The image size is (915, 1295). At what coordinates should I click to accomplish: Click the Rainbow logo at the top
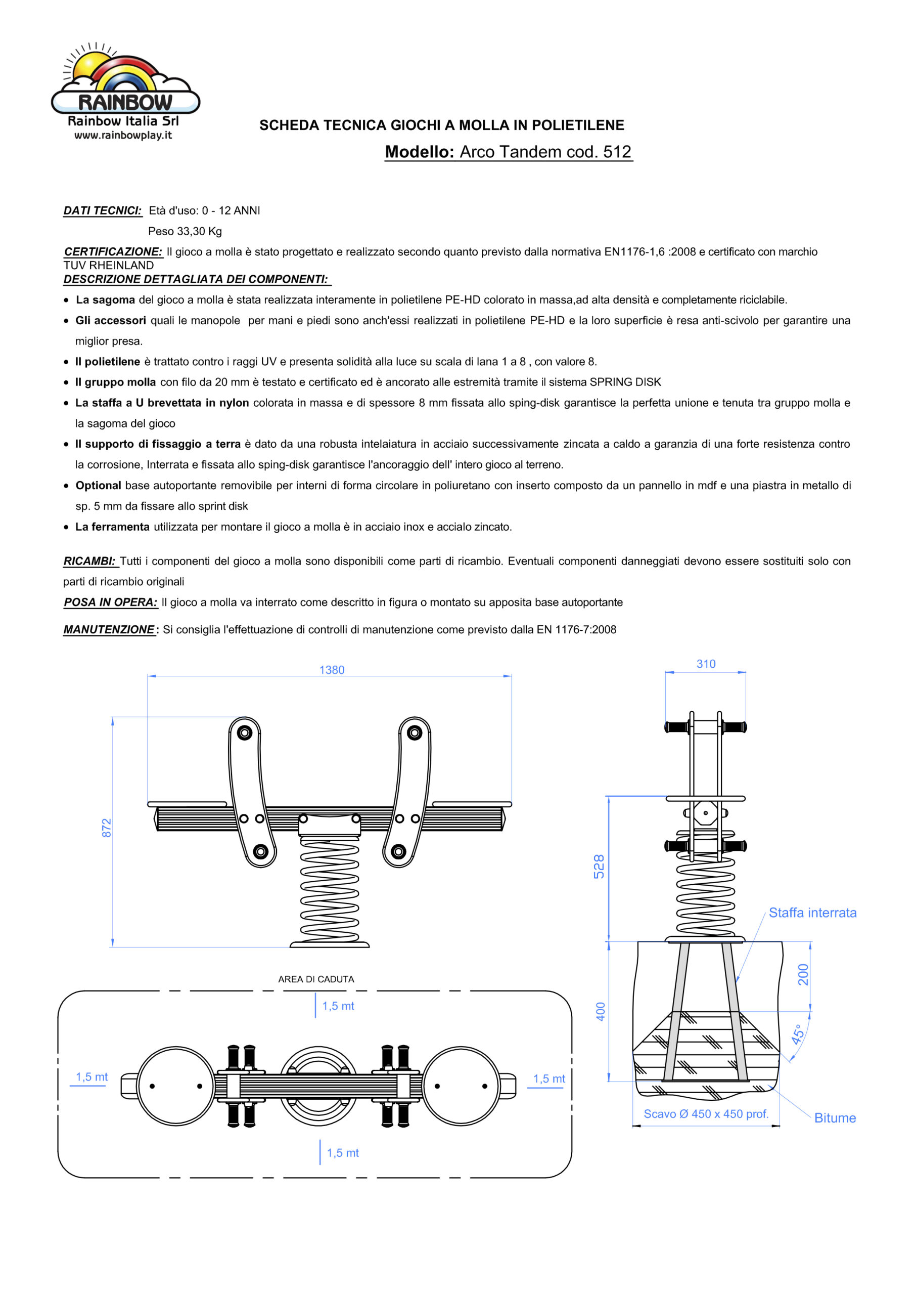click(x=125, y=82)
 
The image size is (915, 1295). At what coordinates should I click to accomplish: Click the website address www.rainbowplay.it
click(x=123, y=136)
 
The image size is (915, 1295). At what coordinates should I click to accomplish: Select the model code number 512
click(x=617, y=152)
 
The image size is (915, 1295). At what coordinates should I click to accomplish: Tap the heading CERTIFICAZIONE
click(x=113, y=251)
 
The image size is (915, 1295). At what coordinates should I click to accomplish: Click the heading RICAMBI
click(x=89, y=561)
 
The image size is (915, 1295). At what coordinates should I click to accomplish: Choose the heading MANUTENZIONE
click(x=109, y=629)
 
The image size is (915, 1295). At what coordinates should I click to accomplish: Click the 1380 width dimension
click(x=332, y=670)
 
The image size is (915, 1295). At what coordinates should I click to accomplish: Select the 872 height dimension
click(x=107, y=828)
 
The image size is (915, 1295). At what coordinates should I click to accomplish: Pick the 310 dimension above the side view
click(x=706, y=664)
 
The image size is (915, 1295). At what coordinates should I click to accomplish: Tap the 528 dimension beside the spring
click(x=599, y=867)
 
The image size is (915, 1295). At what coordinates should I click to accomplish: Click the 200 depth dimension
click(x=803, y=975)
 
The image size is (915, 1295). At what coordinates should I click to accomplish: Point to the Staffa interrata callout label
click(x=812, y=913)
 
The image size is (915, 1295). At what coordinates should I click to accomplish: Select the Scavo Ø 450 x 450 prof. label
click(x=706, y=1114)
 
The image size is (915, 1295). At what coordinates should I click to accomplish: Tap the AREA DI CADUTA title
click(x=316, y=979)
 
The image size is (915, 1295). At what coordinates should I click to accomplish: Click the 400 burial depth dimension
click(x=601, y=1011)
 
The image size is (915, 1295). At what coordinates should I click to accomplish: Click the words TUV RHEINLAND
click(x=109, y=266)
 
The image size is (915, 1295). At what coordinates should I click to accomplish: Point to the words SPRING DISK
click(x=625, y=382)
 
